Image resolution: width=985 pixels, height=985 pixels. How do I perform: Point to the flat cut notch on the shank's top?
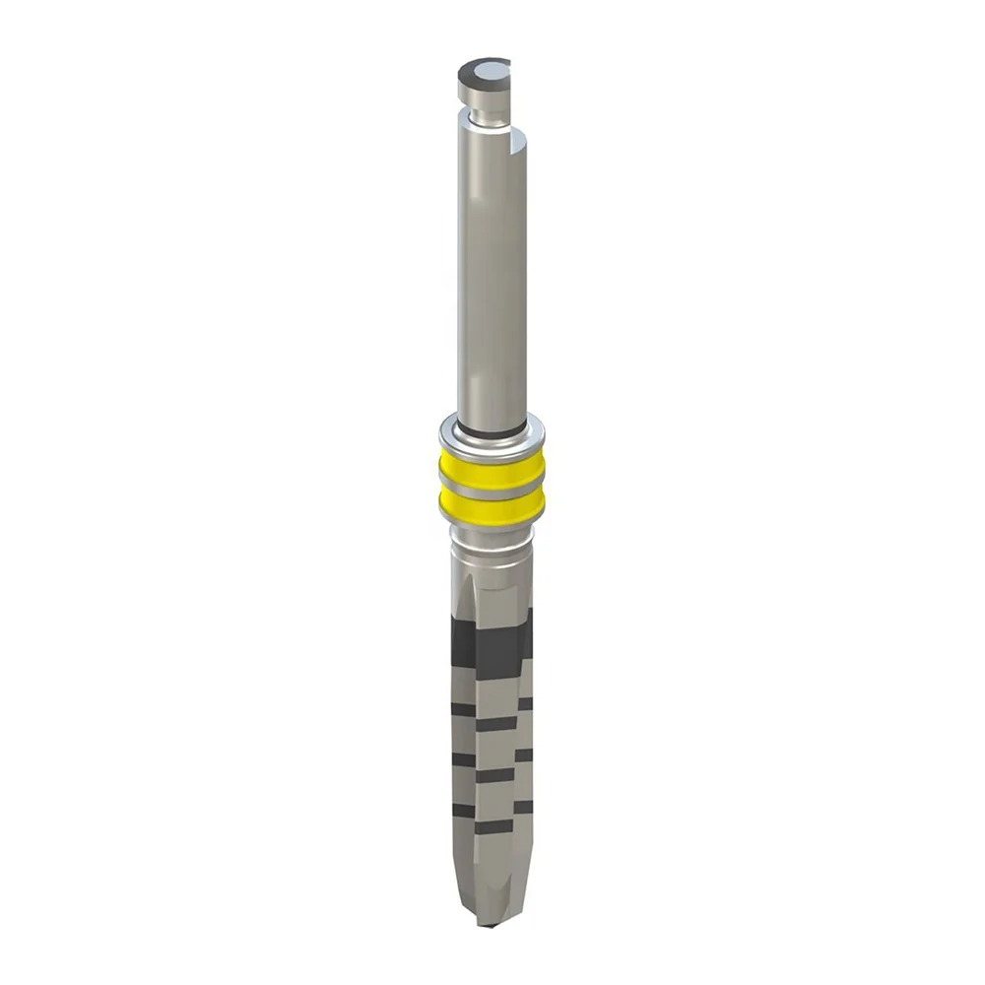(x=516, y=148)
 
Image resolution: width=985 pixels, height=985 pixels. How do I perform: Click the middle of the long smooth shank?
(x=491, y=276)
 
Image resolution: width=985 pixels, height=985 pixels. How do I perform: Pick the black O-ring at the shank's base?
(x=491, y=429)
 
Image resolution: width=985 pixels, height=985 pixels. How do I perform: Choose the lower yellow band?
(x=492, y=506)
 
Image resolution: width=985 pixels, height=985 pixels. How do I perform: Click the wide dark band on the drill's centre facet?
(x=496, y=651)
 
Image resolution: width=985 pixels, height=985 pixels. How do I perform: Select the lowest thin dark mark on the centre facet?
(x=494, y=826)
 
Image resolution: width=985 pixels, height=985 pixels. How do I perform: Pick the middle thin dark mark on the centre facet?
(x=494, y=775)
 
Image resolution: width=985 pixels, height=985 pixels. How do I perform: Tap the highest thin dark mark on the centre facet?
(x=495, y=724)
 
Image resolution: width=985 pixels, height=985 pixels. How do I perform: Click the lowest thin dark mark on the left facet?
(x=463, y=811)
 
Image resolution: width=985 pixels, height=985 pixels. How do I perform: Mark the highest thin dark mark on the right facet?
(x=524, y=703)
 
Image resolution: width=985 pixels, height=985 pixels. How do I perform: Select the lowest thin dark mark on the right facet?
(x=523, y=807)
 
